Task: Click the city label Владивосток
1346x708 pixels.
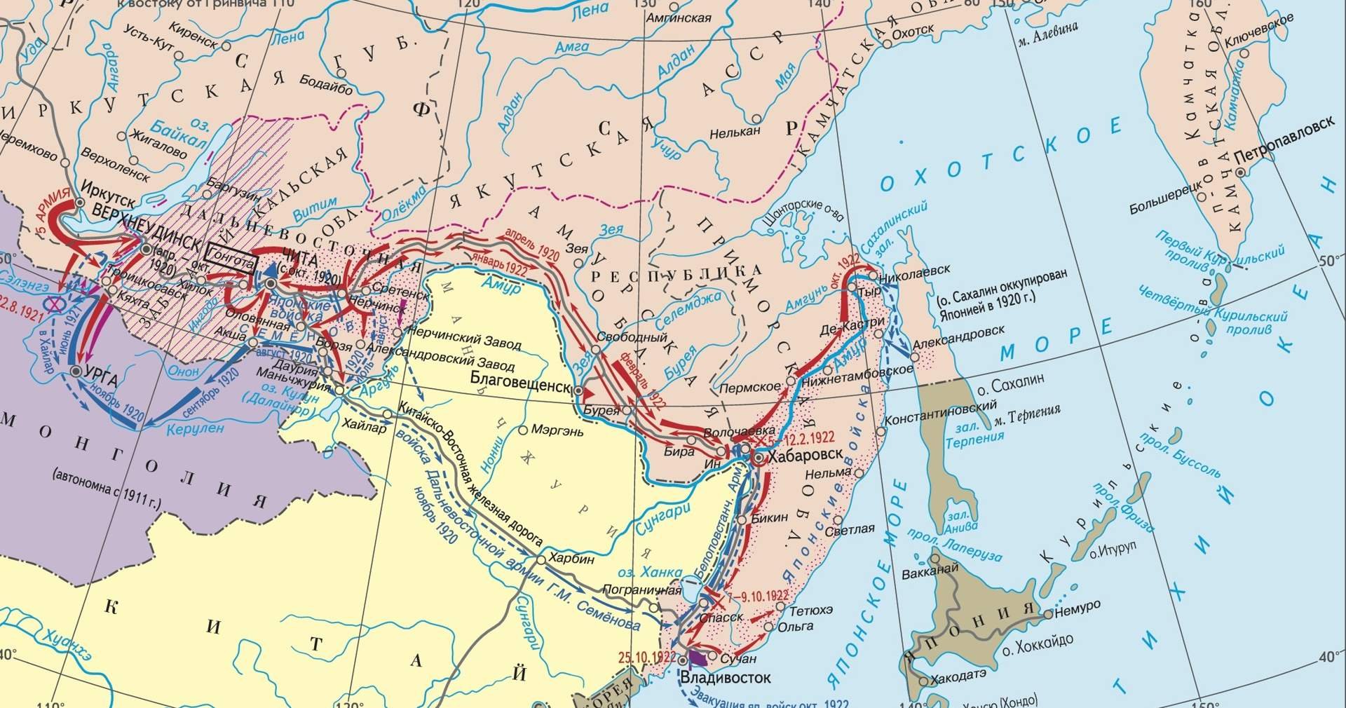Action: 726,678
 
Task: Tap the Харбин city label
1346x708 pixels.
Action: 573,559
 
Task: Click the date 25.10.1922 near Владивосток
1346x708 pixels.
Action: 647,657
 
